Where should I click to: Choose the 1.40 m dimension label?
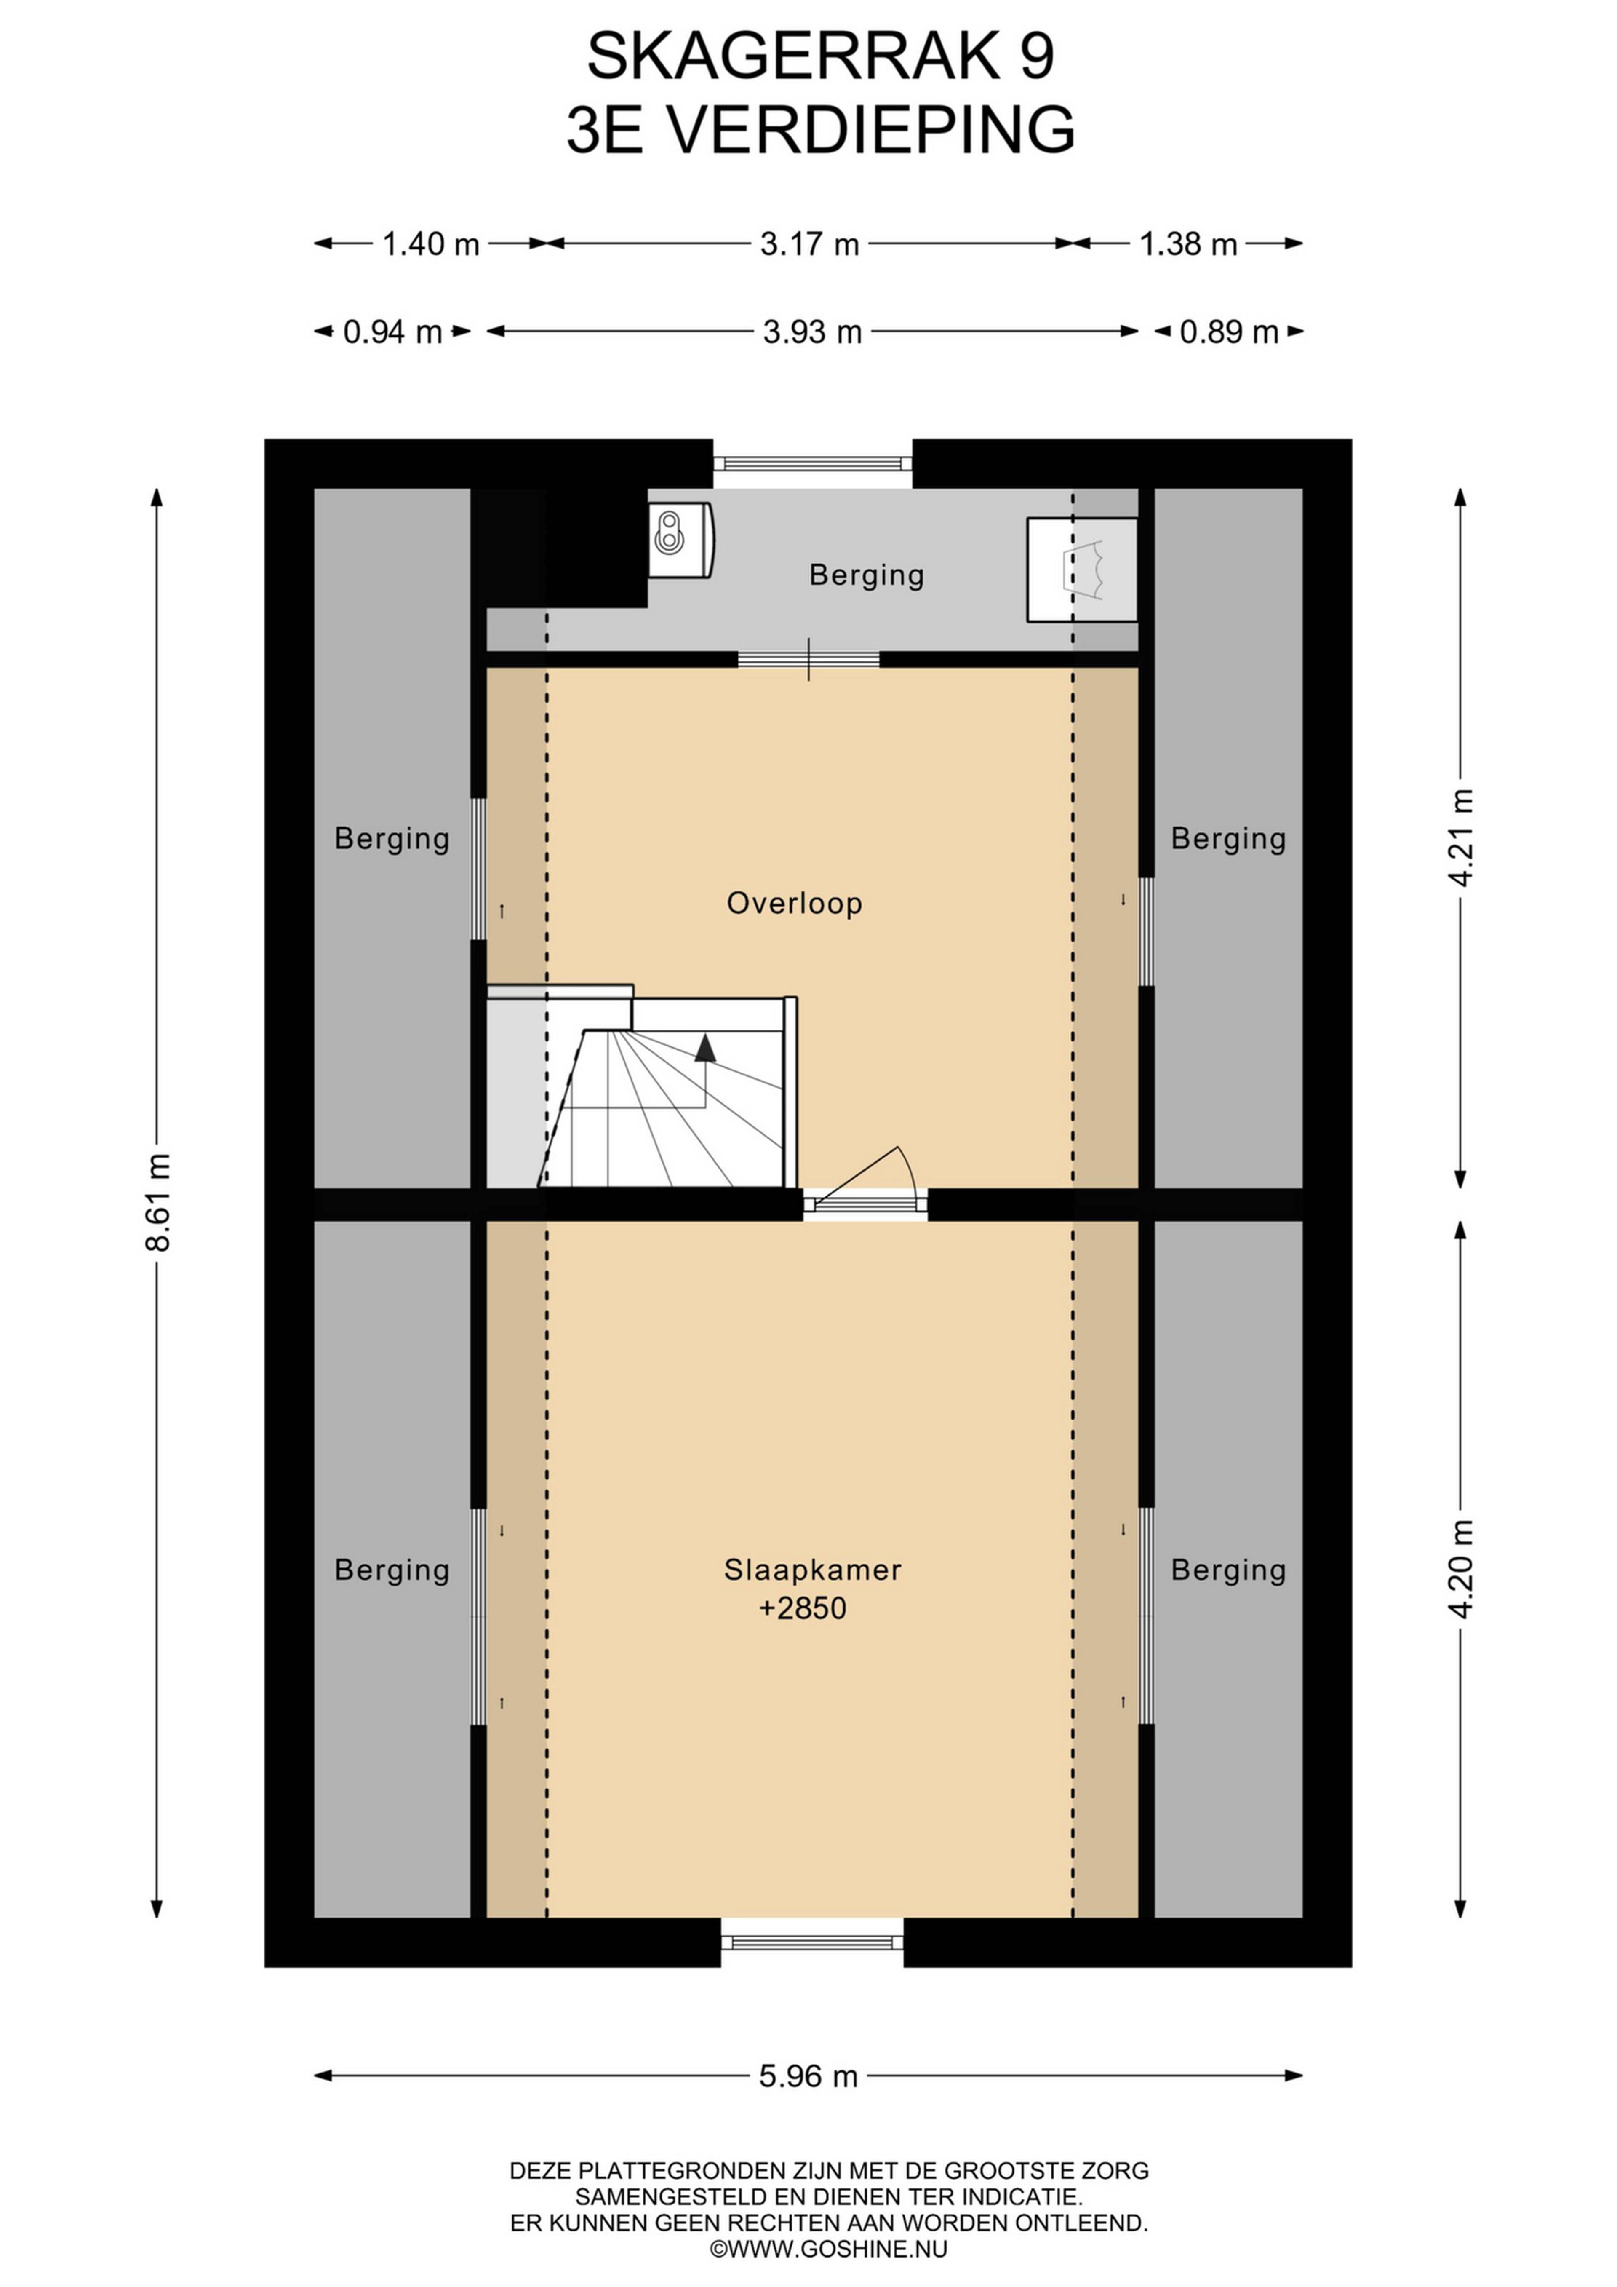click(x=431, y=243)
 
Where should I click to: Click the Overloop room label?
click(x=795, y=904)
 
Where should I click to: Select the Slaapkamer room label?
click(x=812, y=1570)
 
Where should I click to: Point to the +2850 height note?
click(x=803, y=1609)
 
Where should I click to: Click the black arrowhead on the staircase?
click(x=705, y=1047)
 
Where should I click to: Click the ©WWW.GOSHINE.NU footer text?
click(x=828, y=2248)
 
